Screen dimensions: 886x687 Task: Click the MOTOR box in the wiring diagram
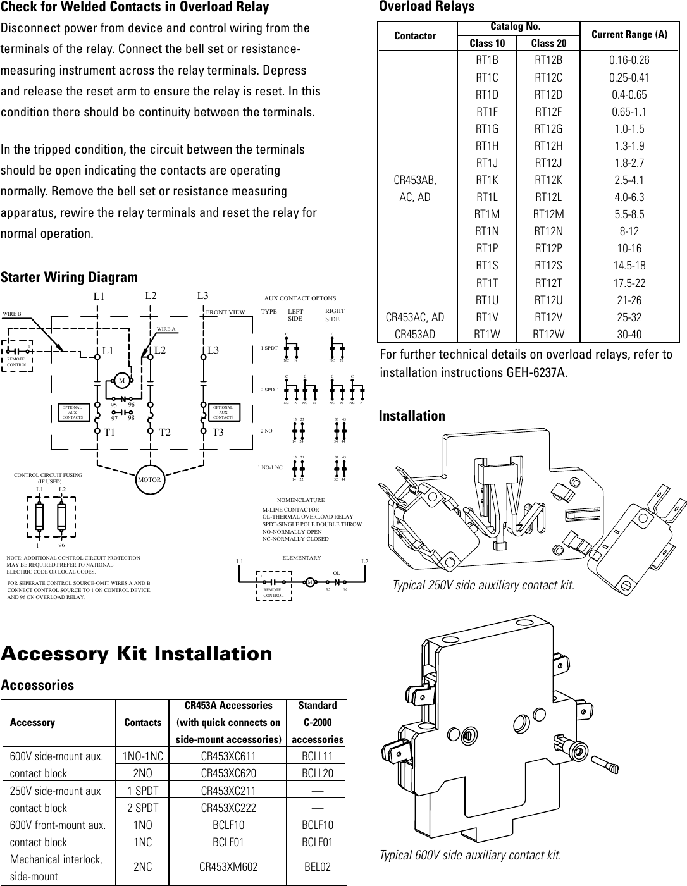[150, 479]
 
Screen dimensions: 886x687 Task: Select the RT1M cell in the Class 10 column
[486, 214]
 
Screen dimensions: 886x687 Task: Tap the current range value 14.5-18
[629, 266]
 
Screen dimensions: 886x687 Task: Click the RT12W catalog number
[548, 334]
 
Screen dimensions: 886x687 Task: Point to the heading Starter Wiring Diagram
[69, 278]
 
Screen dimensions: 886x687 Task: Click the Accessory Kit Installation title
[137, 653]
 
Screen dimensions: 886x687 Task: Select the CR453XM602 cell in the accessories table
[228, 868]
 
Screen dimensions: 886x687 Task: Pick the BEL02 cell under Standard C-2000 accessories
[318, 868]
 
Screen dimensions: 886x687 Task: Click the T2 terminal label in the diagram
[165, 433]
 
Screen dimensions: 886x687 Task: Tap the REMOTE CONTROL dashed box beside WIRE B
[17, 357]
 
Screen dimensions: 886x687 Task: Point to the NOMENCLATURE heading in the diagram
[300, 500]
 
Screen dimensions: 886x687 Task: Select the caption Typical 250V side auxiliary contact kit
[483, 585]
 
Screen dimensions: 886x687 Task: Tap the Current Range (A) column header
[629, 35]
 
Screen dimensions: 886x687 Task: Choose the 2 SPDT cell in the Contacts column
[143, 808]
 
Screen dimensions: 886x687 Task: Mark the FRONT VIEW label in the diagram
[226, 312]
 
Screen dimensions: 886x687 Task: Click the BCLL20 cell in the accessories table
[318, 773]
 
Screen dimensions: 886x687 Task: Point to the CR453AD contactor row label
[414, 334]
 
